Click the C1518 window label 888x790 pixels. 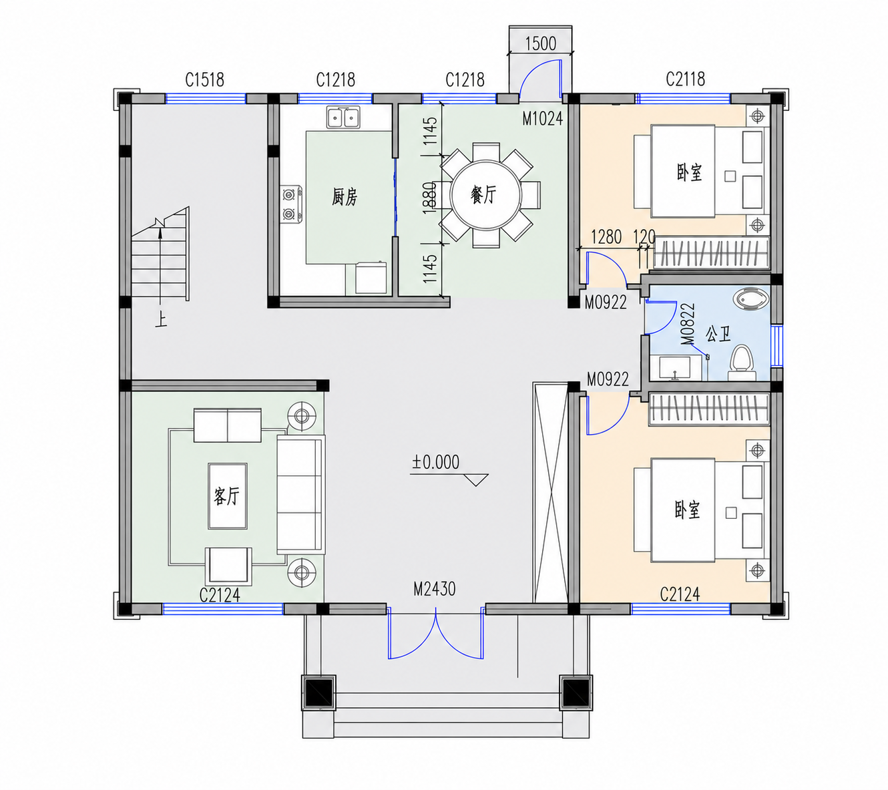pos(204,79)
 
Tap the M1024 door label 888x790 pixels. pos(542,118)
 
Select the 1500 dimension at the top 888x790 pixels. pos(540,43)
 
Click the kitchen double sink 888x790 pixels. pos(343,117)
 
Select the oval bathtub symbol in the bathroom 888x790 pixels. pos(751,299)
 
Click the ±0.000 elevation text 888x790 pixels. pos(435,462)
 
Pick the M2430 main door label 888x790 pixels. pos(435,589)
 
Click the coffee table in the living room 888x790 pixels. pos(228,496)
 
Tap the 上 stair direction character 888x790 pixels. pos(161,320)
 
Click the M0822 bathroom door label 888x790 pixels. pos(688,324)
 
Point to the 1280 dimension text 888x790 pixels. pos(606,237)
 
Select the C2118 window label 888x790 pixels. pos(685,79)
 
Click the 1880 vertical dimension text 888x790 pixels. pos(430,198)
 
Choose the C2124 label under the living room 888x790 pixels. pos(220,596)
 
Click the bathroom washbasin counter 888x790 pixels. pos(670,367)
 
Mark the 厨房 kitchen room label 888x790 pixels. pos(345,197)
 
